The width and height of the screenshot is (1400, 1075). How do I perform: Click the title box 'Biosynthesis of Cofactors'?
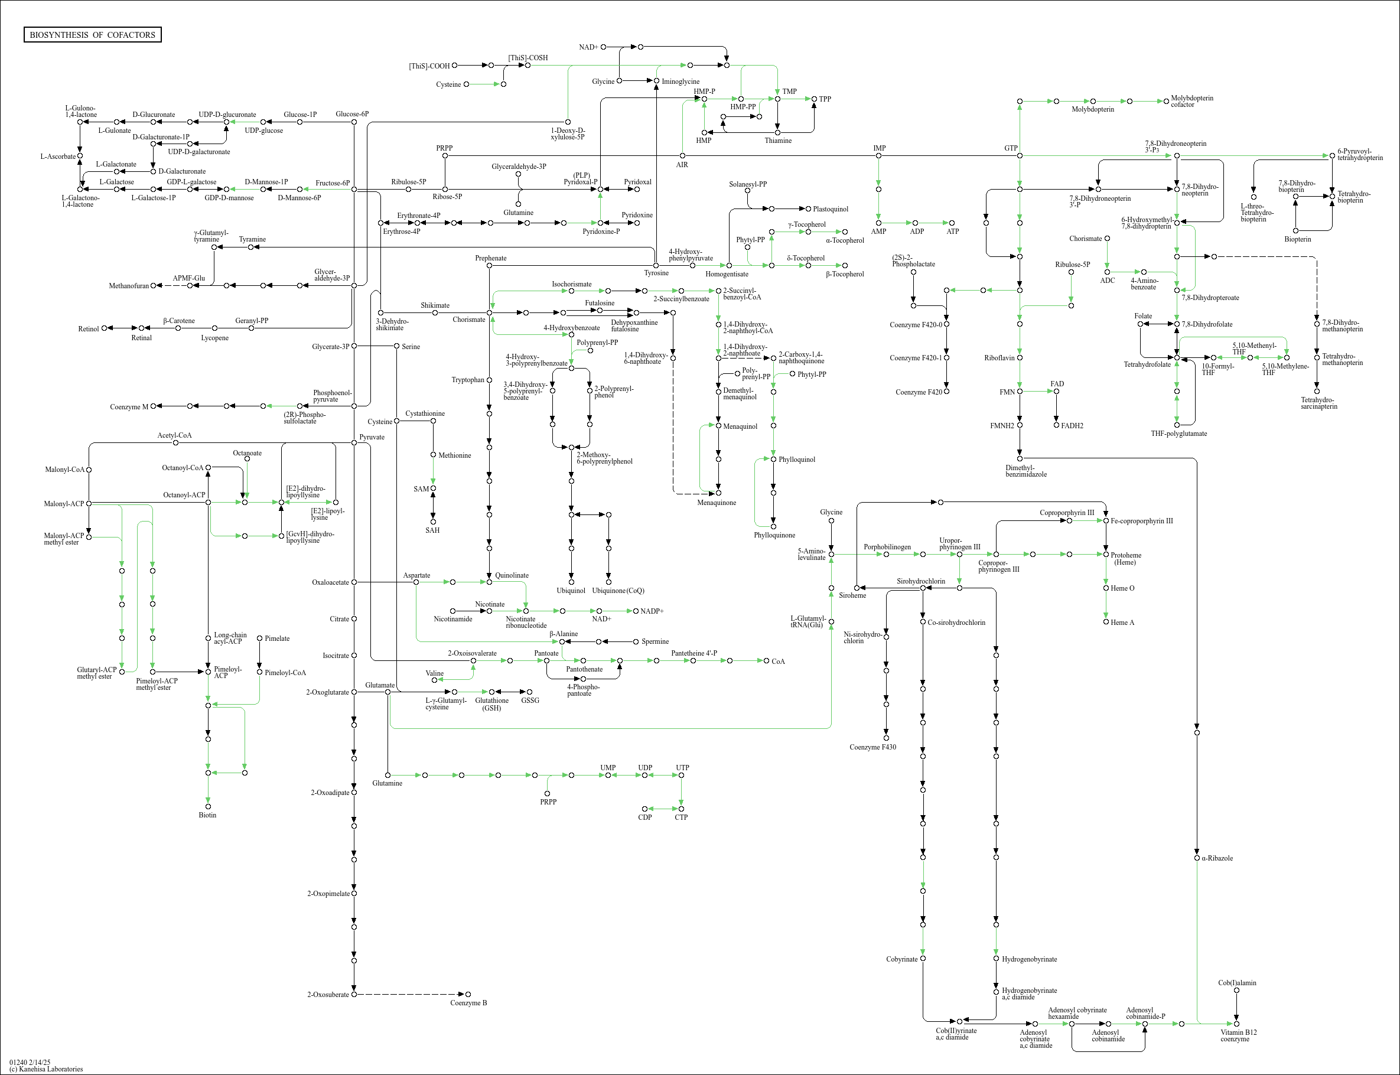point(92,34)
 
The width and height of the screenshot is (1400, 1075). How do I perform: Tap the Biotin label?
point(207,815)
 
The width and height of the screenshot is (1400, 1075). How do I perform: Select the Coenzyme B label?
point(468,1003)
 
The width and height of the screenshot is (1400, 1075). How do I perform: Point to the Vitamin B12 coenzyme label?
point(1238,1035)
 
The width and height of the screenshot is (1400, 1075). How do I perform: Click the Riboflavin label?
point(999,358)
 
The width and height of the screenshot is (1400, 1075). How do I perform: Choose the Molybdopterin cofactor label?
point(1191,101)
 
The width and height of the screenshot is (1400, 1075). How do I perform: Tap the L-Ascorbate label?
point(57,156)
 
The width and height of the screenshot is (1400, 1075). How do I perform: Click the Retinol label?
point(88,329)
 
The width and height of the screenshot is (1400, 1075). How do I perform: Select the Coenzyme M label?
point(129,407)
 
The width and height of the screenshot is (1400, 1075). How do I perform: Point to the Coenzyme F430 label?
point(872,747)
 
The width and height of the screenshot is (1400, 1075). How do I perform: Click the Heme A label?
point(1122,623)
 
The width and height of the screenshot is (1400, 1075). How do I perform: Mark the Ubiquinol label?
point(571,591)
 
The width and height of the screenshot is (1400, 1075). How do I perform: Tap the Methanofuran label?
point(129,286)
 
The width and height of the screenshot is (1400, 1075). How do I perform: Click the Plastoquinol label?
point(830,209)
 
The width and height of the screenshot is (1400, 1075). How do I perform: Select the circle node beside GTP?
point(1020,155)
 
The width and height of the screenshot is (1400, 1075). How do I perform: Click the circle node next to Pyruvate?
point(354,442)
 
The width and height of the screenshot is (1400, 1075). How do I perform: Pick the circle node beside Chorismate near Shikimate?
point(490,313)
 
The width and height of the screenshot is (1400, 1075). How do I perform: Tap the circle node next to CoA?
point(766,660)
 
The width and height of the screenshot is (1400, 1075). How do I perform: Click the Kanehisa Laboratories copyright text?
point(46,1069)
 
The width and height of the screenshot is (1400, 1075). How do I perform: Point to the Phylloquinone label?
point(774,535)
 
